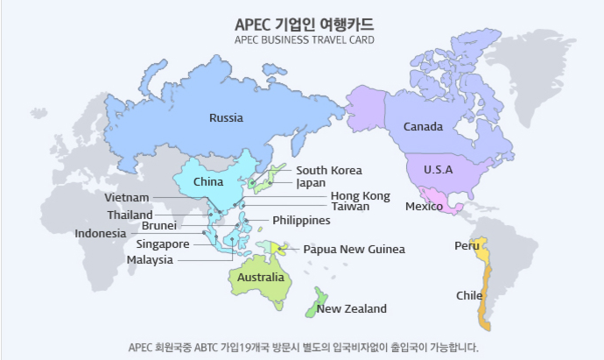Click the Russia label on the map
click(226, 117)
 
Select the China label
click(208, 182)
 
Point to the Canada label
click(423, 127)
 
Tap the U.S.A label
click(438, 169)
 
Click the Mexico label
click(424, 207)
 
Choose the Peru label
click(466, 246)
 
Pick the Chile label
click(469, 295)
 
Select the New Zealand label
click(352, 309)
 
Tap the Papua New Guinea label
click(354, 250)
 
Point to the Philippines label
click(301, 221)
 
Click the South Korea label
click(328, 171)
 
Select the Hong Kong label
click(360, 196)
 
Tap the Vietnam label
click(127, 198)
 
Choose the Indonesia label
click(100, 234)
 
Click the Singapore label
click(163, 244)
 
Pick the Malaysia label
click(150, 260)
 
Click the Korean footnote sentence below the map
click(303, 346)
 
